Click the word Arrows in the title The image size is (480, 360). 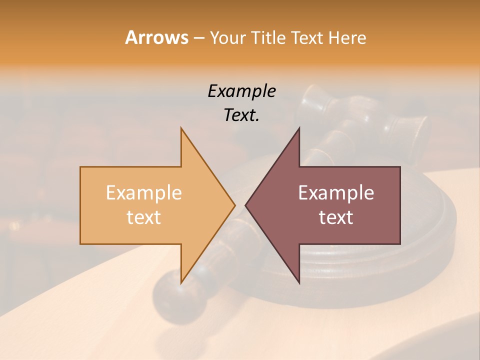click(156, 37)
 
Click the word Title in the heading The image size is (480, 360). click(269, 37)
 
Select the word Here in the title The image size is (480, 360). click(347, 37)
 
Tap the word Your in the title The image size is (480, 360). click(227, 37)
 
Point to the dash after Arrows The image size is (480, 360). click(198, 38)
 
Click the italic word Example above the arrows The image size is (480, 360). click(241, 91)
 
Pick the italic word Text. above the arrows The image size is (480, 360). click(241, 115)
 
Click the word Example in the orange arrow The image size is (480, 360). click(144, 192)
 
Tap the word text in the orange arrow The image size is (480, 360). click(144, 217)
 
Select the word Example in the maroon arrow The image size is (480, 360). click(336, 192)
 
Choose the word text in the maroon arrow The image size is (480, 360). click(336, 217)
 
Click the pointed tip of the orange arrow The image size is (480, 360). click(234, 205)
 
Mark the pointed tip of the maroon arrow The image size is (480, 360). click(246, 205)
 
